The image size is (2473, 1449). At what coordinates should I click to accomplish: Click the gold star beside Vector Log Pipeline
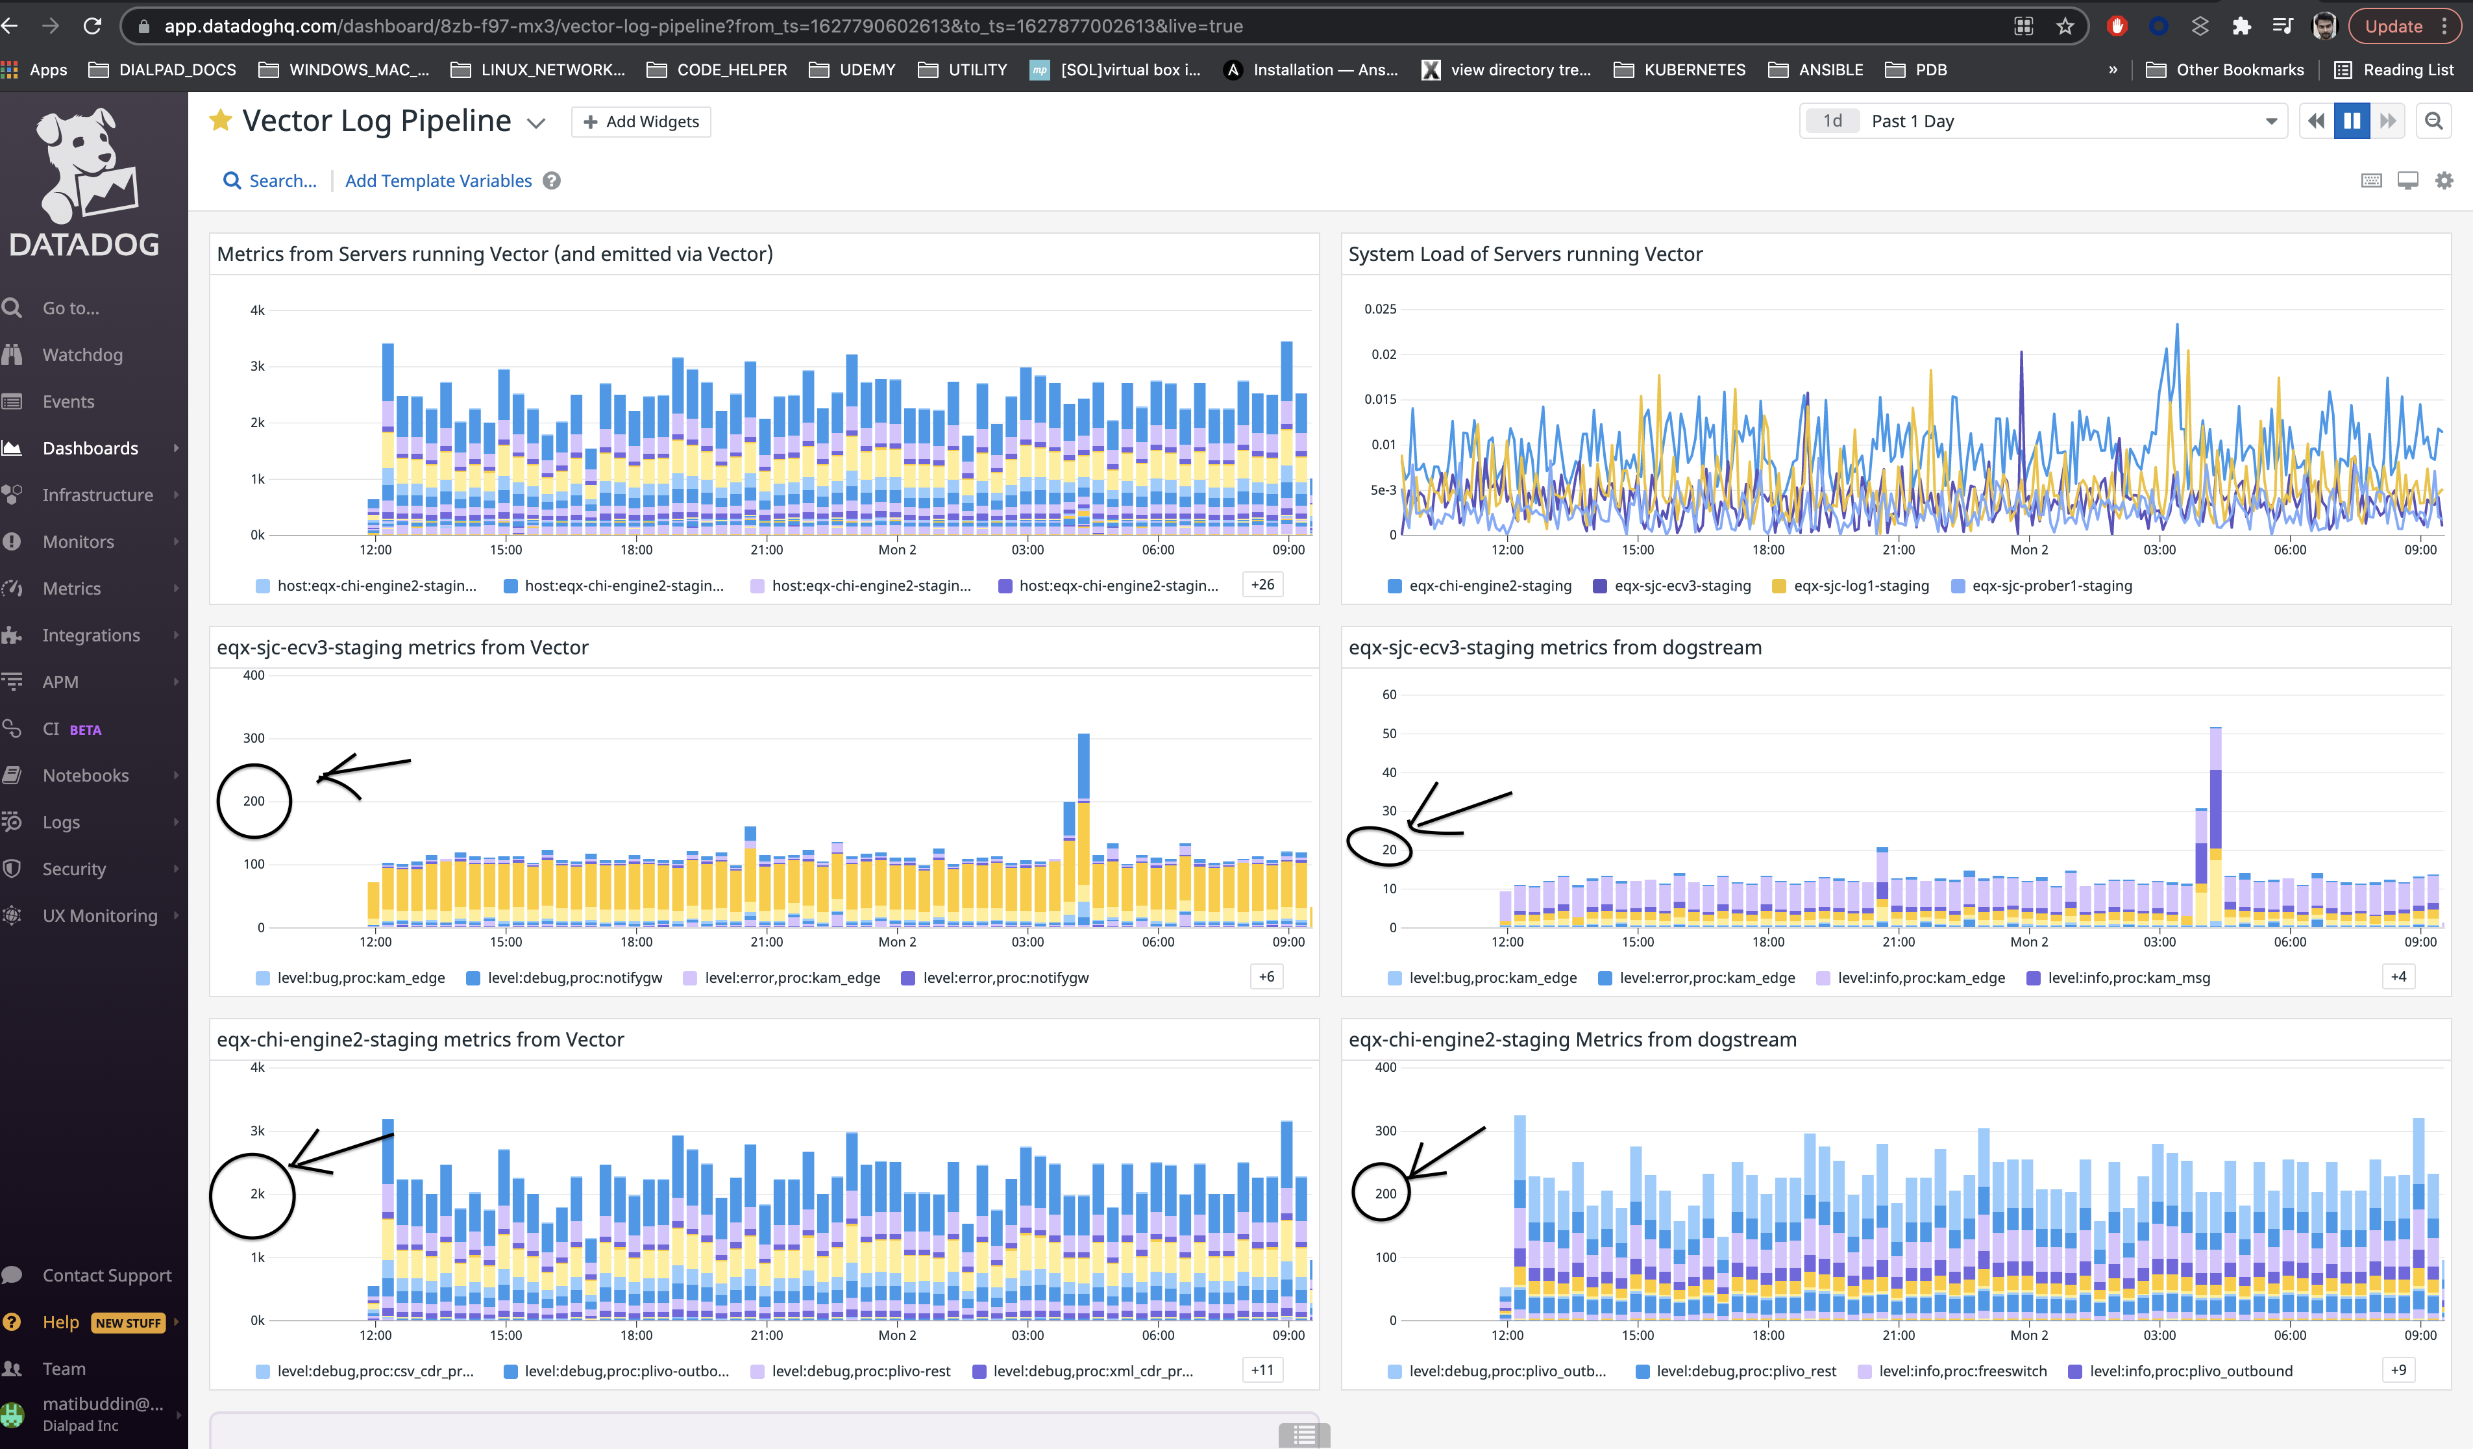(x=221, y=121)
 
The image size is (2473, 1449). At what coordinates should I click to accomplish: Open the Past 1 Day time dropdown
(x=2041, y=121)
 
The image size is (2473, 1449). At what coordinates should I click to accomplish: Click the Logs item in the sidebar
(x=61, y=822)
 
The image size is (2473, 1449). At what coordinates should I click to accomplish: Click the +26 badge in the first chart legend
(x=1262, y=585)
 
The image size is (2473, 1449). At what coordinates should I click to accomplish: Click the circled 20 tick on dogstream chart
(x=1388, y=849)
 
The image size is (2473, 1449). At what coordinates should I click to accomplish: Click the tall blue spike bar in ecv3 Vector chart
(x=1083, y=766)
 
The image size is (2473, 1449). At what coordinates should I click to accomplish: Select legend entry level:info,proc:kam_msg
(x=2128, y=978)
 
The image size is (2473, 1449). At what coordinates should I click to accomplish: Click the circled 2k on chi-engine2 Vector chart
(x=257, y=1194)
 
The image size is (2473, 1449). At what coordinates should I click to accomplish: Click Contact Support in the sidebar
(x=106, y=1275)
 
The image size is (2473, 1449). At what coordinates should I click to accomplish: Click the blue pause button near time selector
(x=2352, y=121)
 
